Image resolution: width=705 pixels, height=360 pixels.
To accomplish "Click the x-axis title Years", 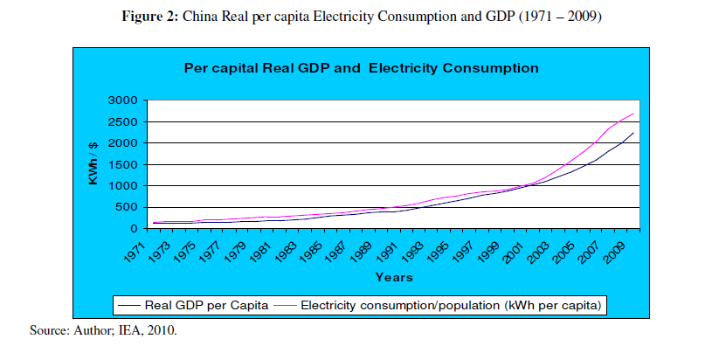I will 394,277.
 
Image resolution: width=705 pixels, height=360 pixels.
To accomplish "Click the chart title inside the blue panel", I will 360,66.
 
